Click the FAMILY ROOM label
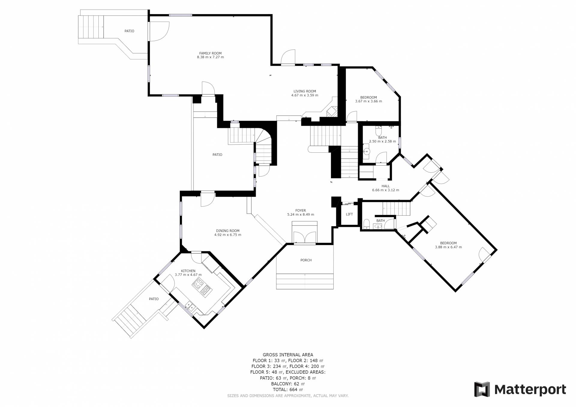tap(210, 53)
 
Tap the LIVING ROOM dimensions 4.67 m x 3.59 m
tap(304, 95)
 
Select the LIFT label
tap(349, 214)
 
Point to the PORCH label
tap(306, 260)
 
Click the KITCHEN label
tap(188, 271)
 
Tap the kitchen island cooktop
tap(202, 287)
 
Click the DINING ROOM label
tap(228, 231)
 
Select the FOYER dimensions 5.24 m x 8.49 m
tap(301, 215)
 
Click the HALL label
tap(385, 186)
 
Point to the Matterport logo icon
tap(482, 390)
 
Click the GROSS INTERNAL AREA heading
tap(288, 355)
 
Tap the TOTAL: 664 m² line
tap(288, 390)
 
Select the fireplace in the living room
tap(332, 112)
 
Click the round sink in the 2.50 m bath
tap(367, 151)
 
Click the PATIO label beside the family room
tap(129, 31)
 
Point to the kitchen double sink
tap(190, 306)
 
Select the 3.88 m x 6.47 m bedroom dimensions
tap(448, 247)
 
